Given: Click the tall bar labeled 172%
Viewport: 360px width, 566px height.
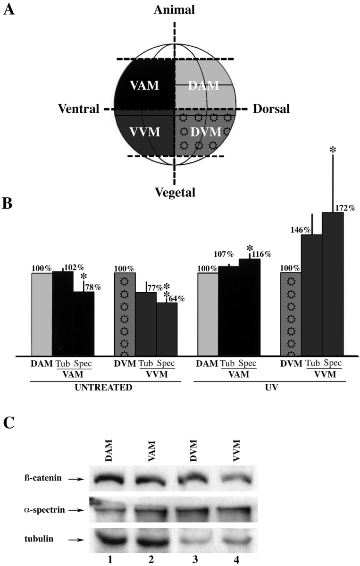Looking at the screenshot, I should coord(333,283).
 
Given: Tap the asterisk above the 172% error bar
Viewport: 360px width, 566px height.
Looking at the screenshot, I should coord(333,150).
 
